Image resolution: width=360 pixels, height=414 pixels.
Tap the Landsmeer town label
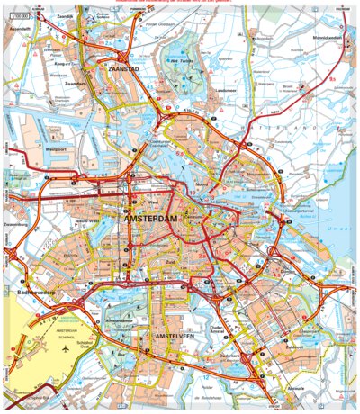pyautogui.click(x=226, y=92)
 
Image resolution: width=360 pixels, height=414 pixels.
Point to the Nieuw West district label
pyautogui.click(x=112, y=220)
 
